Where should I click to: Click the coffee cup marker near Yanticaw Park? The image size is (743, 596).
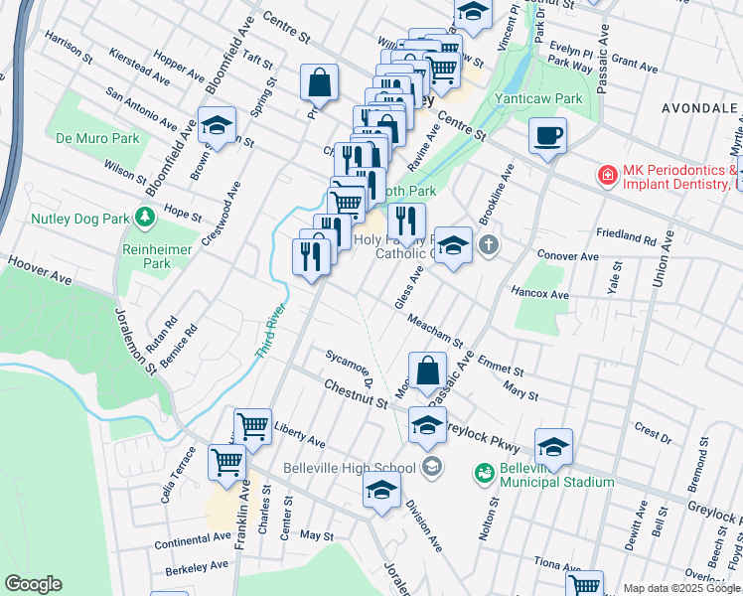(x=546, y=135)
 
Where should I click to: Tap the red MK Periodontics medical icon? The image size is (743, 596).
(x=605, y=176)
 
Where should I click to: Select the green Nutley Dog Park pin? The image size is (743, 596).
(x=145, y=216)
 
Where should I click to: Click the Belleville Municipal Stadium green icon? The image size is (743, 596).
(x=484, y=474)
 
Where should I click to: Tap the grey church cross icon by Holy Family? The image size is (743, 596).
(x=488, y=244)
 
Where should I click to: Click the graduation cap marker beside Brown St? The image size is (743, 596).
(x=217, y=126)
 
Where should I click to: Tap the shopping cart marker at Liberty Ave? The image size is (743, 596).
(x=253, y=427)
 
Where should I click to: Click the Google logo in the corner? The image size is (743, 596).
(x=33, y=584)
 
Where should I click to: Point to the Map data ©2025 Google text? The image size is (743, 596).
(x=680, y=588)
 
